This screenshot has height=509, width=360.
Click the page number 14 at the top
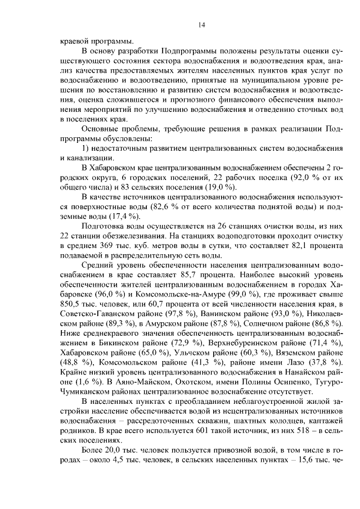coord(201,25)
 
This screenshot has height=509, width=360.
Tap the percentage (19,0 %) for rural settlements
coord(224,187)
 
